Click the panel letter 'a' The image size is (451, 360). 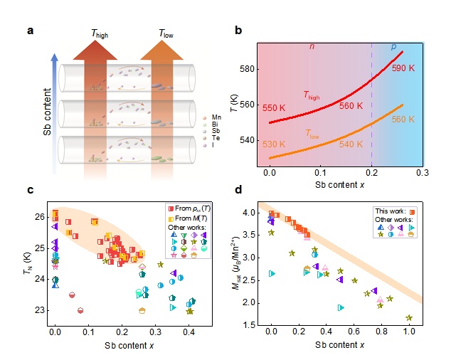click(30, 31)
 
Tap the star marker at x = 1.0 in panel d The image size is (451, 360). click(409, 318)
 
